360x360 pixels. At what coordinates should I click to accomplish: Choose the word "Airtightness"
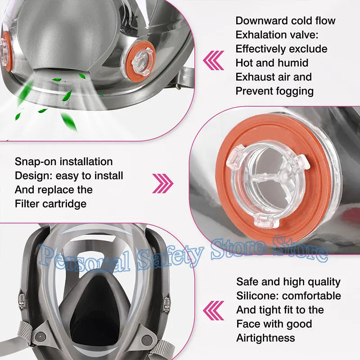[x=265, y=338]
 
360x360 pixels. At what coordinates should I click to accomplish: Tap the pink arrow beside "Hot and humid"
[x=213, y=60]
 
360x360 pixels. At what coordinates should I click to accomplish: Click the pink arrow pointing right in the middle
[x=163, y=184]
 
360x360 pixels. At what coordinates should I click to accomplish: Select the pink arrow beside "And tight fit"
[x=213, y=310]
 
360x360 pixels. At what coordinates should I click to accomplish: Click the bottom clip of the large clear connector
[x=266, y=220]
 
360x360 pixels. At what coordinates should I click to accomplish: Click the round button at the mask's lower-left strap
[x=40, y=336]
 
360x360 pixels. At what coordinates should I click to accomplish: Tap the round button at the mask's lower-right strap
[x=147, y=340]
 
